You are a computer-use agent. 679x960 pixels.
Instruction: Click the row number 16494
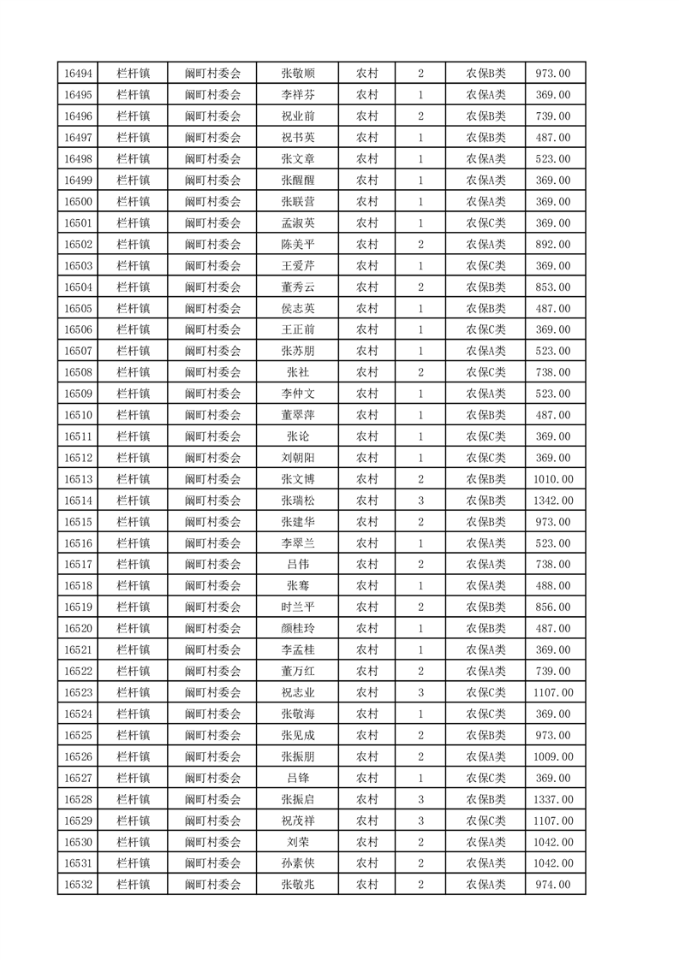click(78, 74)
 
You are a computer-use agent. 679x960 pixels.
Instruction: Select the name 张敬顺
click(297, 74)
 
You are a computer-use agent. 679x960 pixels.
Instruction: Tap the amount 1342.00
click(552, 501)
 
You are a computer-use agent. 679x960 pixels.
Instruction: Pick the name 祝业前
click(297, 116)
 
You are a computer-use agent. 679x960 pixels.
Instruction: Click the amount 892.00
click(552, 245)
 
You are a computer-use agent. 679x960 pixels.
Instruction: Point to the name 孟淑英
click(297, 223)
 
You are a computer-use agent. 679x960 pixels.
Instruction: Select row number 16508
click(78, 372)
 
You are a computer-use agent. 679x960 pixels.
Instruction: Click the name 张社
click(297, 372)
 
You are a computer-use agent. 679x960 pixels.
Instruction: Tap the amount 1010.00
click(552, 479)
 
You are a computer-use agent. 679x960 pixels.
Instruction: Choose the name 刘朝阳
click(297, 458)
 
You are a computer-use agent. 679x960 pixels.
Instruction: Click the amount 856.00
click(552, 607)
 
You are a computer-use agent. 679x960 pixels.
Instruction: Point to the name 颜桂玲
click(297, 628)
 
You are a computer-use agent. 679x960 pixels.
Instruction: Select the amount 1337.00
click(552, 799)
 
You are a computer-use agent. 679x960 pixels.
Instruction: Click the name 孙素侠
click(297, 863)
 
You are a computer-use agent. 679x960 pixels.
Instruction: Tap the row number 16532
click(78, 885)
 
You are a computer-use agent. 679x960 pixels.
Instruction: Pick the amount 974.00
click(552, 885)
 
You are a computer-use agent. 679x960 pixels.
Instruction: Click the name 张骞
click(297, 585)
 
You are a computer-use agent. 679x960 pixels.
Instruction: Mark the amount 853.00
click(552, 287)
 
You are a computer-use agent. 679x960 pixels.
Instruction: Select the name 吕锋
click(297, 778)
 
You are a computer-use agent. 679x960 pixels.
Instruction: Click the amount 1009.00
click(552, 756)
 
